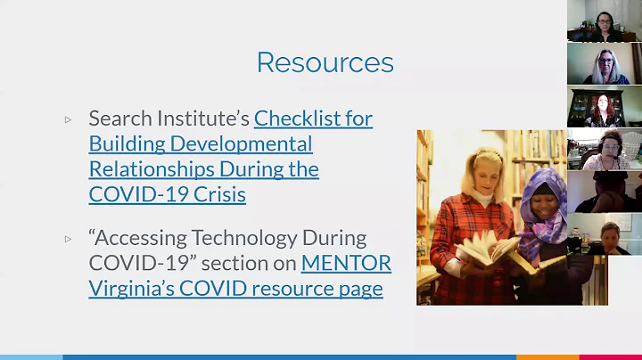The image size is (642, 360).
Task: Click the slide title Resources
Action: [325, 62]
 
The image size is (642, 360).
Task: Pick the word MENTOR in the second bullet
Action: [346, 264]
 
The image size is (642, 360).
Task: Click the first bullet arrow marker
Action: [68, 119]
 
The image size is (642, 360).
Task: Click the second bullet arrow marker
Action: [68, 240]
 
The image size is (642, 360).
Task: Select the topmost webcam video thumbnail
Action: [604, 21]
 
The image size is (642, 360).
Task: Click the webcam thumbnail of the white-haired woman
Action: [604, 64]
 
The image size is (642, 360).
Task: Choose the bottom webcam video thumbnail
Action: [604, 234]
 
